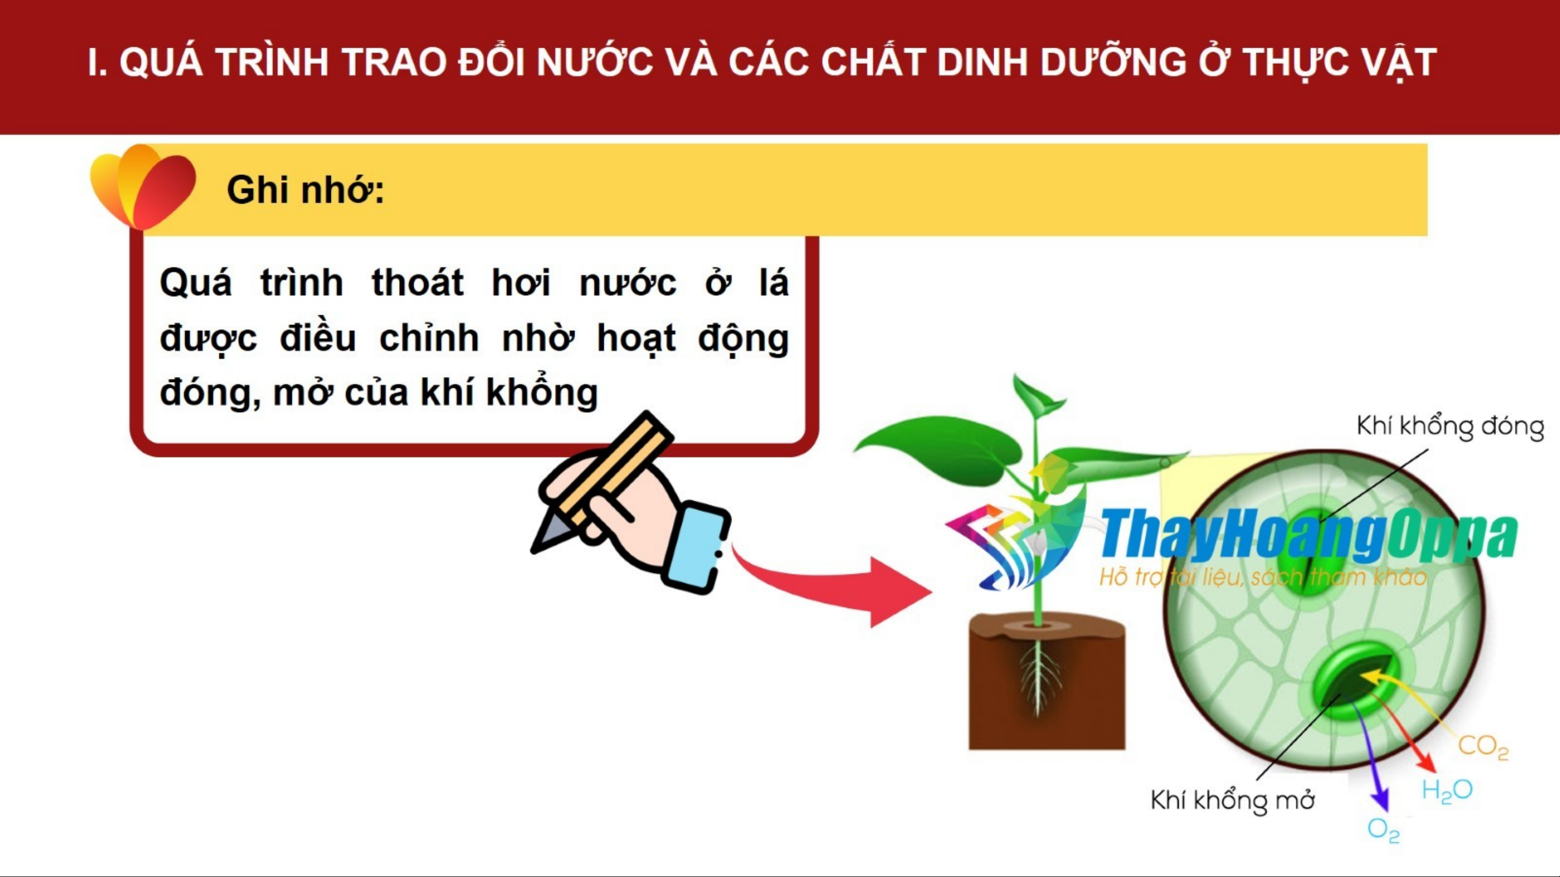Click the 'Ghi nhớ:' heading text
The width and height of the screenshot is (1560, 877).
305,190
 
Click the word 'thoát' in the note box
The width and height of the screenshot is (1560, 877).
417,282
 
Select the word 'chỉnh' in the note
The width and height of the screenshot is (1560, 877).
429,338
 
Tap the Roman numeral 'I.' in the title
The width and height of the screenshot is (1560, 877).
97,62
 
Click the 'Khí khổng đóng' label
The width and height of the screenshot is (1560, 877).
1450,427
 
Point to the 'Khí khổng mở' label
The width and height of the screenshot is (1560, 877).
1232,800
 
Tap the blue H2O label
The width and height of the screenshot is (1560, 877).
1447,790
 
